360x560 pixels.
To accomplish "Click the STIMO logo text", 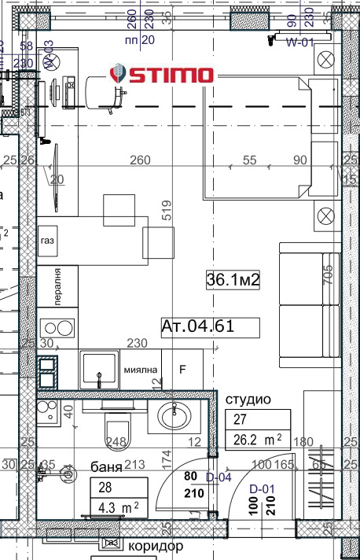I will coord(171,76).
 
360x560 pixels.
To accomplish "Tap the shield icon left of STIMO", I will coord(116,76).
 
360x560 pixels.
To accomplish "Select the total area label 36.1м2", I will coord(233,279).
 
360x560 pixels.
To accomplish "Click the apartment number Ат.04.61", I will coord(197,326).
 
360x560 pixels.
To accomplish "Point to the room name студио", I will coord(248,400).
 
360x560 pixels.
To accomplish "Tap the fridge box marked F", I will coord(183,368).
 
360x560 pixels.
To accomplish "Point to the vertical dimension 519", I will coord(166,214).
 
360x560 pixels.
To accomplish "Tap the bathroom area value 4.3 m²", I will coord(116,507).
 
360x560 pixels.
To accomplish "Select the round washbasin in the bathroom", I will coord(173,414).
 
